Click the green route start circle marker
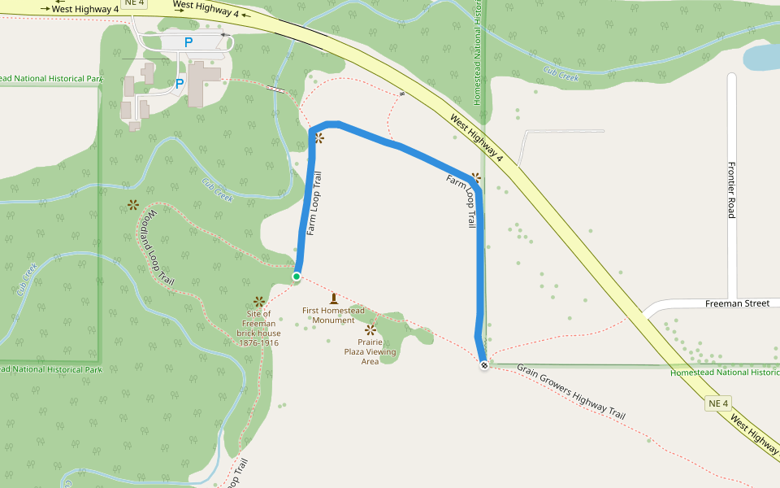pos(297,277)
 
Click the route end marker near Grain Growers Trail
pos(484,365)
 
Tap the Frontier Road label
pos(731,189)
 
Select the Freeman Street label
pos(737,303)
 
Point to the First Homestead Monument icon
pos(333,298)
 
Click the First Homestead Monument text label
pos(333,315)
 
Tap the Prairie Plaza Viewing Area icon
pos(370,329)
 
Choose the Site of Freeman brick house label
pos(258,328)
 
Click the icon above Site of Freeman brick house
pos(258,302)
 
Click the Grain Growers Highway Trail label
pos(571,391)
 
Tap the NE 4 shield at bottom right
pos(718,403)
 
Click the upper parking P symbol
pos(188,42)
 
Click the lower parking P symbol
pos(180,84)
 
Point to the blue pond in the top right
pos(762,57)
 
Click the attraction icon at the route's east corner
pos(476,176)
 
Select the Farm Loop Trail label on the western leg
pos(315,203)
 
